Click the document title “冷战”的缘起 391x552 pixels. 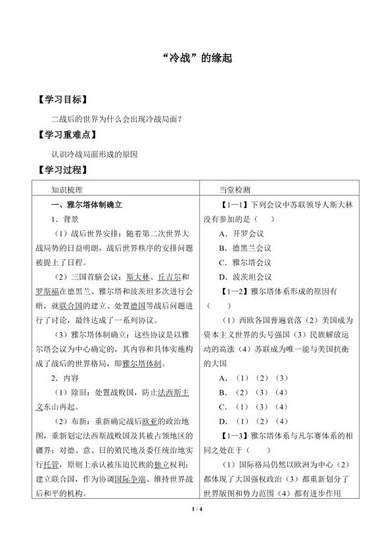pyautogui.click(x=195, y=58)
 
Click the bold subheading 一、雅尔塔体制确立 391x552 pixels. pyautogui.click(x=85, y=205)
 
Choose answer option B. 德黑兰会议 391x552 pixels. pyautogui.click(x=246, y=248)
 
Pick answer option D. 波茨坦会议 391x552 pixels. pyautogui.click(x=246, y=277)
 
